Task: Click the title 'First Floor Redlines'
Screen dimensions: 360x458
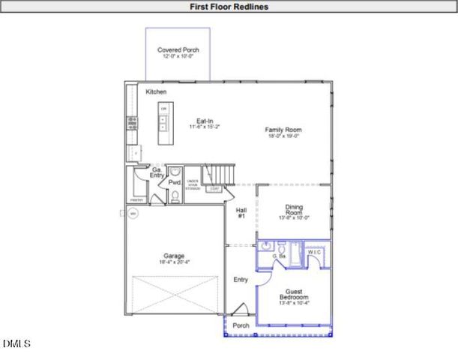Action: (229, 7)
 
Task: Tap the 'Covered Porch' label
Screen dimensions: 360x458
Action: (178, 50)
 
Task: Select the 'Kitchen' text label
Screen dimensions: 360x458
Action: (156, 91)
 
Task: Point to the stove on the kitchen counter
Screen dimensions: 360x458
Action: (132, 121)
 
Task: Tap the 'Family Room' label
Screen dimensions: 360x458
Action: (283, 130)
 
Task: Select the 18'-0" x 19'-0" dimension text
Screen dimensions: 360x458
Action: (283, 136)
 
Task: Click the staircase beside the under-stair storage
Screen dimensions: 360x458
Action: (220, 175)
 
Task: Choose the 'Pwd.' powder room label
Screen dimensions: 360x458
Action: (174, 182)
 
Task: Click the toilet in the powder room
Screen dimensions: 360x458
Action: (174, 197)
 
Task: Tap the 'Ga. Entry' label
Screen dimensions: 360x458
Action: (157, 172)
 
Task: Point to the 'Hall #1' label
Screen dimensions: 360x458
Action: (241, 213)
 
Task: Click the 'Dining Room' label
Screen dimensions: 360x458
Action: (293, 211)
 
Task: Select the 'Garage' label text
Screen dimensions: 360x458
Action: (174, 256)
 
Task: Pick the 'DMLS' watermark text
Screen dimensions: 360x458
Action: (16, 344)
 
